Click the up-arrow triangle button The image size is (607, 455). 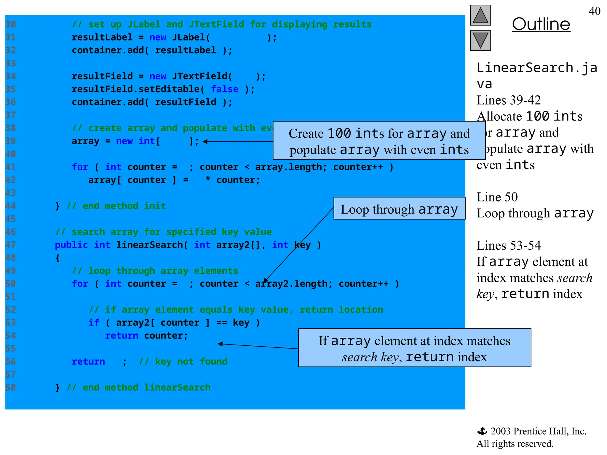coord(480,15)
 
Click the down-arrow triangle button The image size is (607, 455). coord(480,40)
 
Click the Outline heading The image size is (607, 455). coord(541,24)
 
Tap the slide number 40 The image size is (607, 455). coord(594,11)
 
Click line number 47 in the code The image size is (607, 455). coord(10,245)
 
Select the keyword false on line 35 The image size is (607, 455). coord(224,89)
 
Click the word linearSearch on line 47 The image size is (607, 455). coord(149,245)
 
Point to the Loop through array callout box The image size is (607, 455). coord(399,209)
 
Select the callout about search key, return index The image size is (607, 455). coord(414,348)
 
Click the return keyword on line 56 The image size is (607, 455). coord(88,361)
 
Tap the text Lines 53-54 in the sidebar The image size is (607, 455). coord(509,246)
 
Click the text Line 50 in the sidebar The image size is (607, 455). coord(497,197)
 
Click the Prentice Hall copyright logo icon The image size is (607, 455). coord(482,431)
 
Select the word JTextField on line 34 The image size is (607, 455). coord(199,76)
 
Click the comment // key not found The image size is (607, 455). coord(183,361)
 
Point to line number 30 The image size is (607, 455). coord(10,24)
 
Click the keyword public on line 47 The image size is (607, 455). coord(71,245)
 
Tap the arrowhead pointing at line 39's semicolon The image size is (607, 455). coord(205,142)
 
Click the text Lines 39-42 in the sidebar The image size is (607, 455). coord(509,100)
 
